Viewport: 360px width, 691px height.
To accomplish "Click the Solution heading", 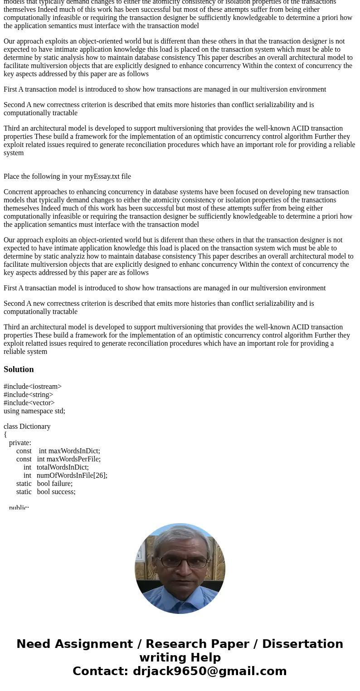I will click(x=19, y=369).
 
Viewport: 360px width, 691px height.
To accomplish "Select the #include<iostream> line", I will click(x=33, y=387).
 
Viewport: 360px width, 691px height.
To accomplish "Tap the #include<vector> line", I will click(x=29, y=403).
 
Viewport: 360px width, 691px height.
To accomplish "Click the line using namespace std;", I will click(x=34, y=411).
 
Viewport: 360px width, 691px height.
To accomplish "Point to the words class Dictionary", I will click(x=27, y=426).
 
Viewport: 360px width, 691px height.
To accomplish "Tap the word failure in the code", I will click(x=61, y=484).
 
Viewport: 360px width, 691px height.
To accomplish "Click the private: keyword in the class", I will click(x=20, y=443).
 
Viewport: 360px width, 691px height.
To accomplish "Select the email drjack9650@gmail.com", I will click(x=209, y=671).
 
